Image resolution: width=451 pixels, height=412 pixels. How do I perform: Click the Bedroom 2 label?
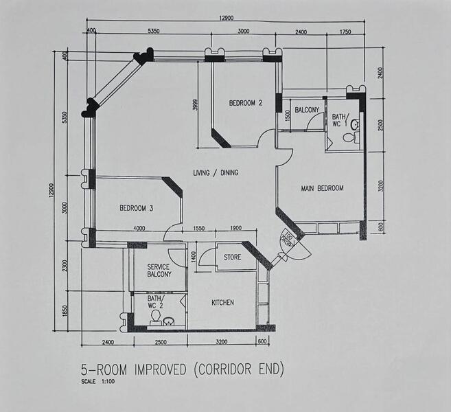click(246, 103)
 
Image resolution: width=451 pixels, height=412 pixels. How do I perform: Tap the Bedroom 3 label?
click(137, 208)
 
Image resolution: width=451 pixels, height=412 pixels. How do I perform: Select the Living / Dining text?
click(216, 172)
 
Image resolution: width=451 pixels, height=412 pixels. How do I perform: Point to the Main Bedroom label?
click(322, 188)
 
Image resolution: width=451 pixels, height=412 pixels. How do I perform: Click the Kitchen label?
click(222, 303)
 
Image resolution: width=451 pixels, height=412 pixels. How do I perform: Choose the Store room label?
click(233, 257)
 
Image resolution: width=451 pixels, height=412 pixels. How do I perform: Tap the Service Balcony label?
click(159, 271)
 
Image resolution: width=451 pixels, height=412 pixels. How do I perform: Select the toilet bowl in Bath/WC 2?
click(156, 317)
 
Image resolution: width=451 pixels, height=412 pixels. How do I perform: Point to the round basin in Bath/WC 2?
click(169, 321)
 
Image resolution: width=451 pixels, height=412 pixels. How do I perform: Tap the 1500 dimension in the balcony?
click(288, 115)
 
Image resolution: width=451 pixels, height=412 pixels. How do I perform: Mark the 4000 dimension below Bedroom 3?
click(139, 229)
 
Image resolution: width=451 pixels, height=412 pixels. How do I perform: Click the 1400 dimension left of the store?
click(194, 257)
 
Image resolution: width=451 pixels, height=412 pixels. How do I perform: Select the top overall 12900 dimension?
click(227, 18)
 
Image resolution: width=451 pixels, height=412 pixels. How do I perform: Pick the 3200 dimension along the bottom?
click(222, 342)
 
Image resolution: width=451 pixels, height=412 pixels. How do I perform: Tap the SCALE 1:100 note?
click(98, 382)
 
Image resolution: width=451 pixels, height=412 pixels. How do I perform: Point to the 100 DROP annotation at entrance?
click(288, 240)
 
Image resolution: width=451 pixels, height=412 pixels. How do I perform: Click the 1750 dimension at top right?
click(345, 32)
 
